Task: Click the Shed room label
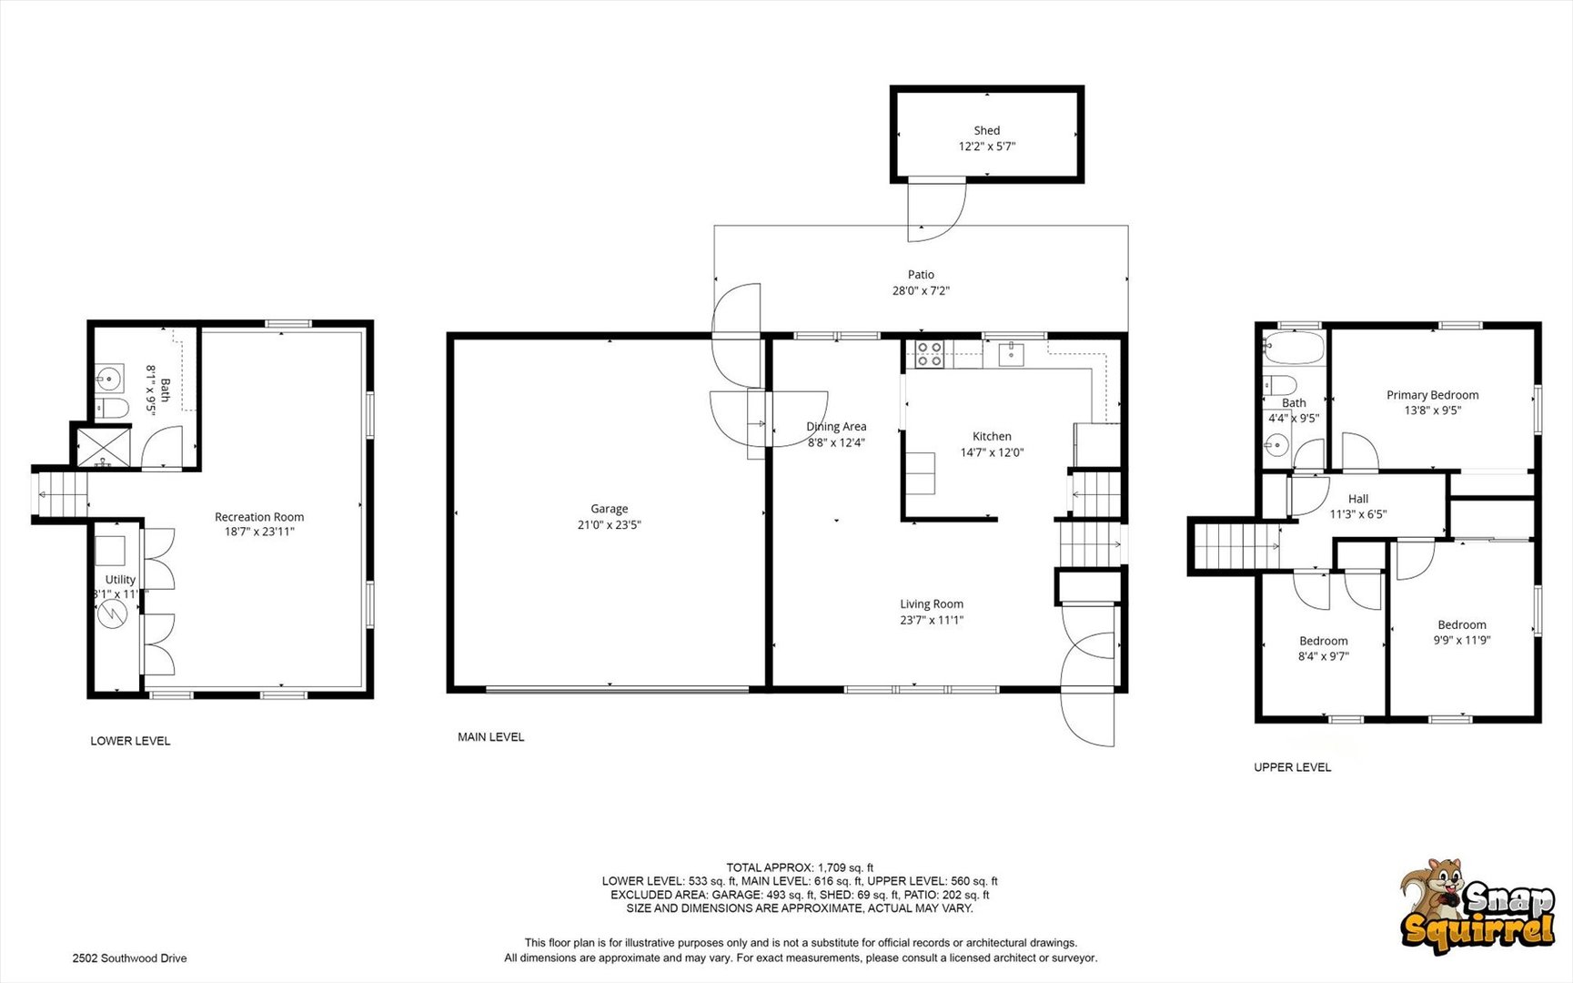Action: [x=986, y=130]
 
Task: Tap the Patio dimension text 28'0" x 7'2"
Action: [x=921, y=291]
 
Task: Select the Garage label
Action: [x=609, y=509]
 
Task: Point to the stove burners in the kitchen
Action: [x=929, y=354]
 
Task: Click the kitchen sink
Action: [x=1011, y=353]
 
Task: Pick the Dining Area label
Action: [x=836, y=427]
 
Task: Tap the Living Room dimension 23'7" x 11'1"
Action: [x=932, y=621]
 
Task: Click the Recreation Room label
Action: [x=259, y=517]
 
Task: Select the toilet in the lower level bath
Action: [x=111, y=408]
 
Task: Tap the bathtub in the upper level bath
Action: [x=1293, y=348]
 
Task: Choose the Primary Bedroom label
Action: [x=1432, y=395]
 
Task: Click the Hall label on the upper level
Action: [x=1358, y=499]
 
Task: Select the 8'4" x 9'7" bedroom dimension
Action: [x=1323, y=656]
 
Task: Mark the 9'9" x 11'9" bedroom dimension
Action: [x=1462, y=640]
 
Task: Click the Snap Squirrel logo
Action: [x=1477, y=907]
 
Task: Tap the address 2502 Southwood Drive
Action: [x=129, y=958]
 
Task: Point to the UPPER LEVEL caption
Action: [x=1292, y=767]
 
